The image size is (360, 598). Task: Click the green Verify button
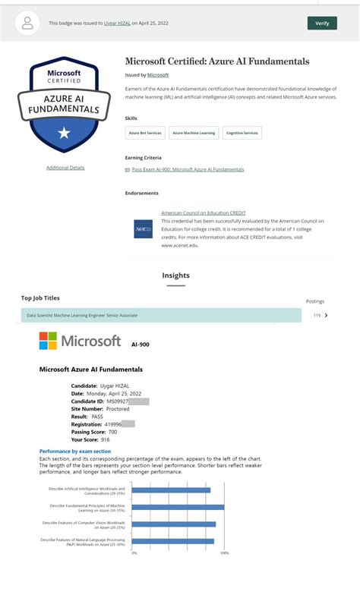pos(322,24)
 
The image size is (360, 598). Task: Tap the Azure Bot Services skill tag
pos(145,133)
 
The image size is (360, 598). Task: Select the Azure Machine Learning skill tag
pos(194,133)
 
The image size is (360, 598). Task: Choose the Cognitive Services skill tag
pos(242,133)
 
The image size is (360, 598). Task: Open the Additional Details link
pos(65,168)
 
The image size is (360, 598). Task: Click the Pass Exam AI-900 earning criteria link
pos(188,169)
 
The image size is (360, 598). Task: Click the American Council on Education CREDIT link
pos(203,213)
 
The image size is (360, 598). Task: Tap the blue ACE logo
pos(143,229)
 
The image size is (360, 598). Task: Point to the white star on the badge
pos(64,134)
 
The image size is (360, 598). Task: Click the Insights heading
pos(175,275)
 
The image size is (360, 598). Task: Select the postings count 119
pos(317,315)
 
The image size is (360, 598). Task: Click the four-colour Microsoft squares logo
pos(49,341)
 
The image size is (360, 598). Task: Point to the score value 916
pos(105,439)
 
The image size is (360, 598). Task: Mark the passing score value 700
pos(113,431)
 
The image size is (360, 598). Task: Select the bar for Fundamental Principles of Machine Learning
pos(178,507)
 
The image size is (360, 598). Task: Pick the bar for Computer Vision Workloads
pos(174,524)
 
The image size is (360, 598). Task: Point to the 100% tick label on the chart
pos(224,553)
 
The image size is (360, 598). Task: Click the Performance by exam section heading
pos(75,452)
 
